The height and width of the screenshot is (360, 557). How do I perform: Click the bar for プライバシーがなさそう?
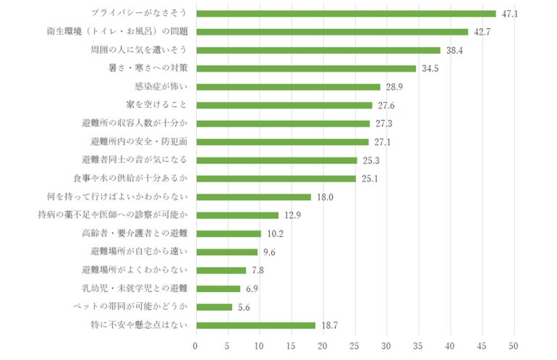(x=346, y=14)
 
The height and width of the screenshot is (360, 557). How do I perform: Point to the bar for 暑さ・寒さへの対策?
(x=305, y=69)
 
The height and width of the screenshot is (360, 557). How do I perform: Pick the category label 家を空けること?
(x=156, y=106)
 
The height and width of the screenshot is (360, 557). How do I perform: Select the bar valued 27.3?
(x=282, y=124)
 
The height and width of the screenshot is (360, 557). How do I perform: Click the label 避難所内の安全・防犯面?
(x=140, y=142)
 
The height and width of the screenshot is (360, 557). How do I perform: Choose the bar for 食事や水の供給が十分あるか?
(x=276, y=179)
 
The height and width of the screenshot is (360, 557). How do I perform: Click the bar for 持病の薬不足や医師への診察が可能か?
(x=237, y=215)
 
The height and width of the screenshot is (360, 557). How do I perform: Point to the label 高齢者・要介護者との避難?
(x=135, y=233)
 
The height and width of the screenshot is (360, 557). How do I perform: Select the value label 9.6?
(x=269, y=252)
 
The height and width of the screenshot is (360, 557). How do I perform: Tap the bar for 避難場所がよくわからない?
(x=221, y=270)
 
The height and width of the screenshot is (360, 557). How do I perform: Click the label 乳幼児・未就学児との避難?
(x=135, y=288)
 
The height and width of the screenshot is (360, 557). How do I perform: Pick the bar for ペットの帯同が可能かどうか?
(x=213, y=307)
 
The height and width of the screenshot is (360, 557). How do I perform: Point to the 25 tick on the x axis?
(x=354, y=346)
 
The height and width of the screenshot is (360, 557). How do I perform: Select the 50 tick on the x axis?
(x=514, y=346)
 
